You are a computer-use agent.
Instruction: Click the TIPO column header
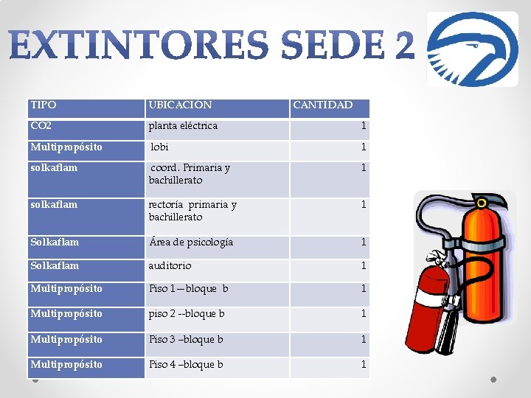[x=44, y=105]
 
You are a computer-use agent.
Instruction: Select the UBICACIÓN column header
[x=180, y=105]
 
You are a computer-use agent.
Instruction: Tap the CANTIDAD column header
[x=323, y=105]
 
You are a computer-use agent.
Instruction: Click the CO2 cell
[x=41, y=126]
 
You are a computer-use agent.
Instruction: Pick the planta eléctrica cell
[x=183, y=126]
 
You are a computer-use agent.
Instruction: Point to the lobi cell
[x=160, y=147]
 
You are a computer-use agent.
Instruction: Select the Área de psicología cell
[x=191, y=242]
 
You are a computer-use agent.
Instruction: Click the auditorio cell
[x=170, y=265]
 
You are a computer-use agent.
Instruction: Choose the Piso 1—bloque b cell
[x=188, y=289]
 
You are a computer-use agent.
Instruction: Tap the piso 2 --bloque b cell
[x=187, y=314]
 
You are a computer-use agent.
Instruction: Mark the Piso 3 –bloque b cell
[x=186, y=340]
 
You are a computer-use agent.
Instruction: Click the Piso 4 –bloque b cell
[x=186, y=365]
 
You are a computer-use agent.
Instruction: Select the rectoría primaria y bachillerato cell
[x=192, y=211]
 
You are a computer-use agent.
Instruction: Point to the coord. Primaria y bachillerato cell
[x=190, y=174]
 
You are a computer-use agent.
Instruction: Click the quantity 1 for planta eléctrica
[x=363, y=126]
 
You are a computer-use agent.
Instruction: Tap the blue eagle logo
[x=473, y=49]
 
